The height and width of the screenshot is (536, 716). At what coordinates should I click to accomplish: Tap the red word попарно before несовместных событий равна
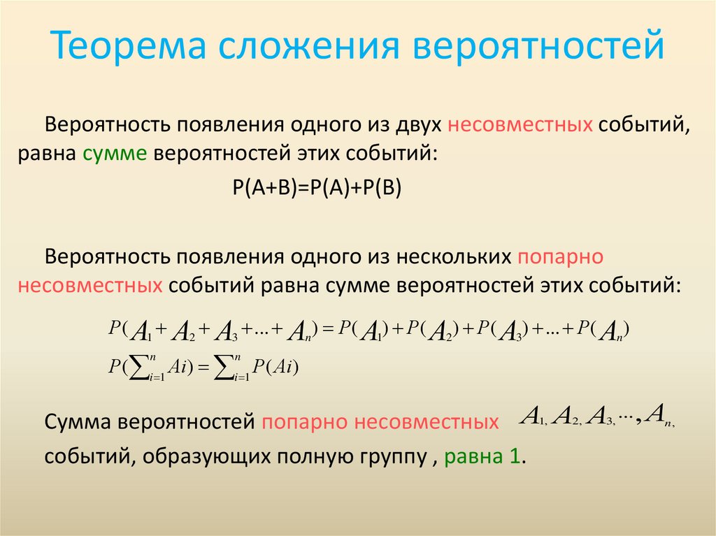tap(560, 256)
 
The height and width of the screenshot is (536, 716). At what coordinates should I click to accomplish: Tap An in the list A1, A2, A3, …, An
tap(659, 417)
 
